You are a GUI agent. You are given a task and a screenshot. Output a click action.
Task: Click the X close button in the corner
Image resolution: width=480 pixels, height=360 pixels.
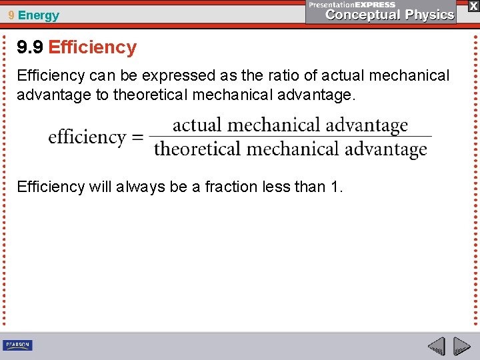(x=473, y=5)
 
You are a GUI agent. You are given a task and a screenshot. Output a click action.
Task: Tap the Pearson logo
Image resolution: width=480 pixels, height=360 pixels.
(x=17, y=345)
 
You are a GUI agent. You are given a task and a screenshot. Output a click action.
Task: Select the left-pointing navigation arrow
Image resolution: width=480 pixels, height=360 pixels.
(x=436, y=346)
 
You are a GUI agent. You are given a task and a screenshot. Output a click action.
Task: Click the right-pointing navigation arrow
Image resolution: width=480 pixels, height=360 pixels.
(x=461, y=346)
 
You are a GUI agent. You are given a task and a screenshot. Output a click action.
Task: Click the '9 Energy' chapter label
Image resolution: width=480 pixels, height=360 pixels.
(x=33, y=15)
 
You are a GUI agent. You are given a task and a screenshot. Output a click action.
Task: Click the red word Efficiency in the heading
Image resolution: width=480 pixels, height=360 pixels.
(x=92, y=47)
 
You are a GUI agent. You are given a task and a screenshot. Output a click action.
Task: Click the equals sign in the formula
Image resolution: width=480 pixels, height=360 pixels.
(x=137, y=137)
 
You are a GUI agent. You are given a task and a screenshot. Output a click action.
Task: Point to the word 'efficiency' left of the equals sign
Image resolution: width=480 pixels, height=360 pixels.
(x=87, y=137)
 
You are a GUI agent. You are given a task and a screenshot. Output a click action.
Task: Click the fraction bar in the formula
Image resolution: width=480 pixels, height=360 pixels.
(x=290, y=137)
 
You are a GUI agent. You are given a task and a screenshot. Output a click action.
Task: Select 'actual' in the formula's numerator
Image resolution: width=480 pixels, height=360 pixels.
(x=197, y=125)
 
